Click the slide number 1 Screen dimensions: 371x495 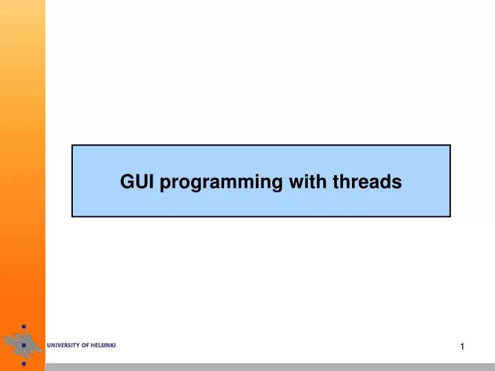462,348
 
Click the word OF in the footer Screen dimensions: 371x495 87,345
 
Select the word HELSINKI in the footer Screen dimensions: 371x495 104,345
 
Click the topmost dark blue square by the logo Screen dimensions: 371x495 23,326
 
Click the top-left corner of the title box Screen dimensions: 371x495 72,145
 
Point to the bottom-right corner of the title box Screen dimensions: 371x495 450,216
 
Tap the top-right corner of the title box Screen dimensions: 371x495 450,145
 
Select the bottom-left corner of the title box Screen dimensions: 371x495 72,216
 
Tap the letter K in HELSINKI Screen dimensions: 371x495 112,345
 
